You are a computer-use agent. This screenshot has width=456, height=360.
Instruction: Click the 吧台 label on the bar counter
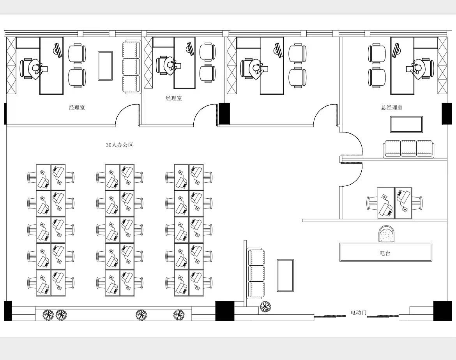point(385,253)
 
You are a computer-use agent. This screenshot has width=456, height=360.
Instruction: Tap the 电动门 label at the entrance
point(358,312)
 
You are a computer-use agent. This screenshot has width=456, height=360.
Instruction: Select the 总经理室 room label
point(392,107)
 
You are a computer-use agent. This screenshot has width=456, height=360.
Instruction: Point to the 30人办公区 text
point(120,145)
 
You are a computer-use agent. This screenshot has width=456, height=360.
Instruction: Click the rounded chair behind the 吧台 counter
point(387,234)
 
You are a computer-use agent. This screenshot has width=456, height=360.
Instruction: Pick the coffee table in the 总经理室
point(406,124)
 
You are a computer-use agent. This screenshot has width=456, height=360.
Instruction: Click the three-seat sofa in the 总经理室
point(408,149)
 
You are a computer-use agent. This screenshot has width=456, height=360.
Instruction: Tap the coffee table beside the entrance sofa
point(285,275)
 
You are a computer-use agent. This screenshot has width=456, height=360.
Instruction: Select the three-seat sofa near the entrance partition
point(256,274)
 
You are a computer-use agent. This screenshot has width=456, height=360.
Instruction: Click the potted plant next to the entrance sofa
point(265,306)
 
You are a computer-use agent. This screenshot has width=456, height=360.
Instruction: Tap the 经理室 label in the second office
point(173,98)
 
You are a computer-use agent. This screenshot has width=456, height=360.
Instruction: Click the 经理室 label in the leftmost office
point(77,108)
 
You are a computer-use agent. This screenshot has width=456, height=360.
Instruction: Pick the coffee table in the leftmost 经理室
point(105,66)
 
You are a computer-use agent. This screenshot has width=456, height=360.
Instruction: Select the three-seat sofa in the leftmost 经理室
point(131,67)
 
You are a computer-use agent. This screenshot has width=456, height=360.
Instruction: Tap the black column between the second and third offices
point(224,113)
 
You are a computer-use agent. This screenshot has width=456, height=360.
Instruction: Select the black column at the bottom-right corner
point(443,311)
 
